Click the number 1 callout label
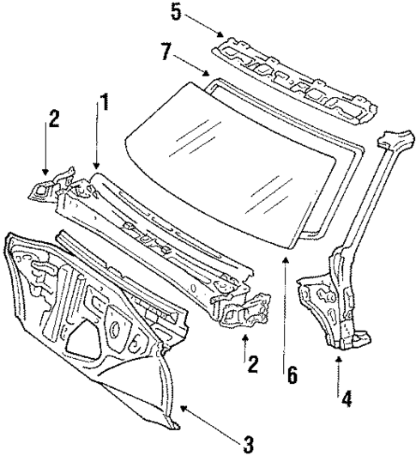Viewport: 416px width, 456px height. coord(104,104)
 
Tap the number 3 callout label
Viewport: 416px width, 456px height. coord(249,444)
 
